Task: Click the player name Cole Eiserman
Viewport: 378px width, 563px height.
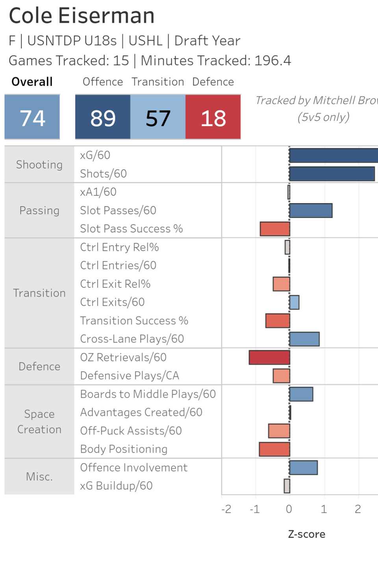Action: click(82, 16)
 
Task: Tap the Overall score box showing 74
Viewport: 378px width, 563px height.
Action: click(32, 117)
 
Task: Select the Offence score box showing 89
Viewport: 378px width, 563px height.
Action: click(103, 117)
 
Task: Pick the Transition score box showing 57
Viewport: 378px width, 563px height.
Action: click(158, 117)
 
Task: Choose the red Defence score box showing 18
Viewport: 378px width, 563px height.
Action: click(213, 117)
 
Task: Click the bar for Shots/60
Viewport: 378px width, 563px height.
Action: click(332, 174)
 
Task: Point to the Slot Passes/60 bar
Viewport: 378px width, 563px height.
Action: click(311, 211)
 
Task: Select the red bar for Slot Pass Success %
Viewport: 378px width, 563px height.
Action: click(275, 229)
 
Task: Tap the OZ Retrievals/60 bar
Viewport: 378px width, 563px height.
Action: click(269, 357)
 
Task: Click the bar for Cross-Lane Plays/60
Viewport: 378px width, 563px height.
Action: click(304, 339)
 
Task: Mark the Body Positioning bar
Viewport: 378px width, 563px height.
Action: click(274, 449)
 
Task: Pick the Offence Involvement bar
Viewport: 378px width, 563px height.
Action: click(303, 468)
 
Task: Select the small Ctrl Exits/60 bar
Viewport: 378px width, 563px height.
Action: click(294, 302)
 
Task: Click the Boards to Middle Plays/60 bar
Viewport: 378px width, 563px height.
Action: click(301, 394)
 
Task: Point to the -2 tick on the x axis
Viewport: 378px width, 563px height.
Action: click(226, 509)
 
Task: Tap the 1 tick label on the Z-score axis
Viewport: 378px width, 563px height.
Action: click(324, 509)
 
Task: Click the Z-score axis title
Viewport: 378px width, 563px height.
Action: click(306, 534)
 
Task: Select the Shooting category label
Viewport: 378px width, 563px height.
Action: click(39, 165)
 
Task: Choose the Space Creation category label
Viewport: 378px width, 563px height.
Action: click(39, 422)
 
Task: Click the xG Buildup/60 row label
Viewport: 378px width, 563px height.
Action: click(116, 486)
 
